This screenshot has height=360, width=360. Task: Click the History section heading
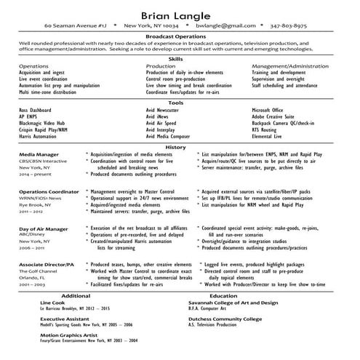coord(175,147)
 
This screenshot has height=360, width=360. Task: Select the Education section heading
coord(223,296)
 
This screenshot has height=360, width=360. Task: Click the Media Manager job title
coord(39,154)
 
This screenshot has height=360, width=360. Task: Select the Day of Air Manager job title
coord(45,228)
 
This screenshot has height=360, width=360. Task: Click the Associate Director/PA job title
coord(47,265)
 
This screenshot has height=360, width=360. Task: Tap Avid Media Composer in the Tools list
coord(168,136)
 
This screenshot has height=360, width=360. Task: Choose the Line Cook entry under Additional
coord(52,303)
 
